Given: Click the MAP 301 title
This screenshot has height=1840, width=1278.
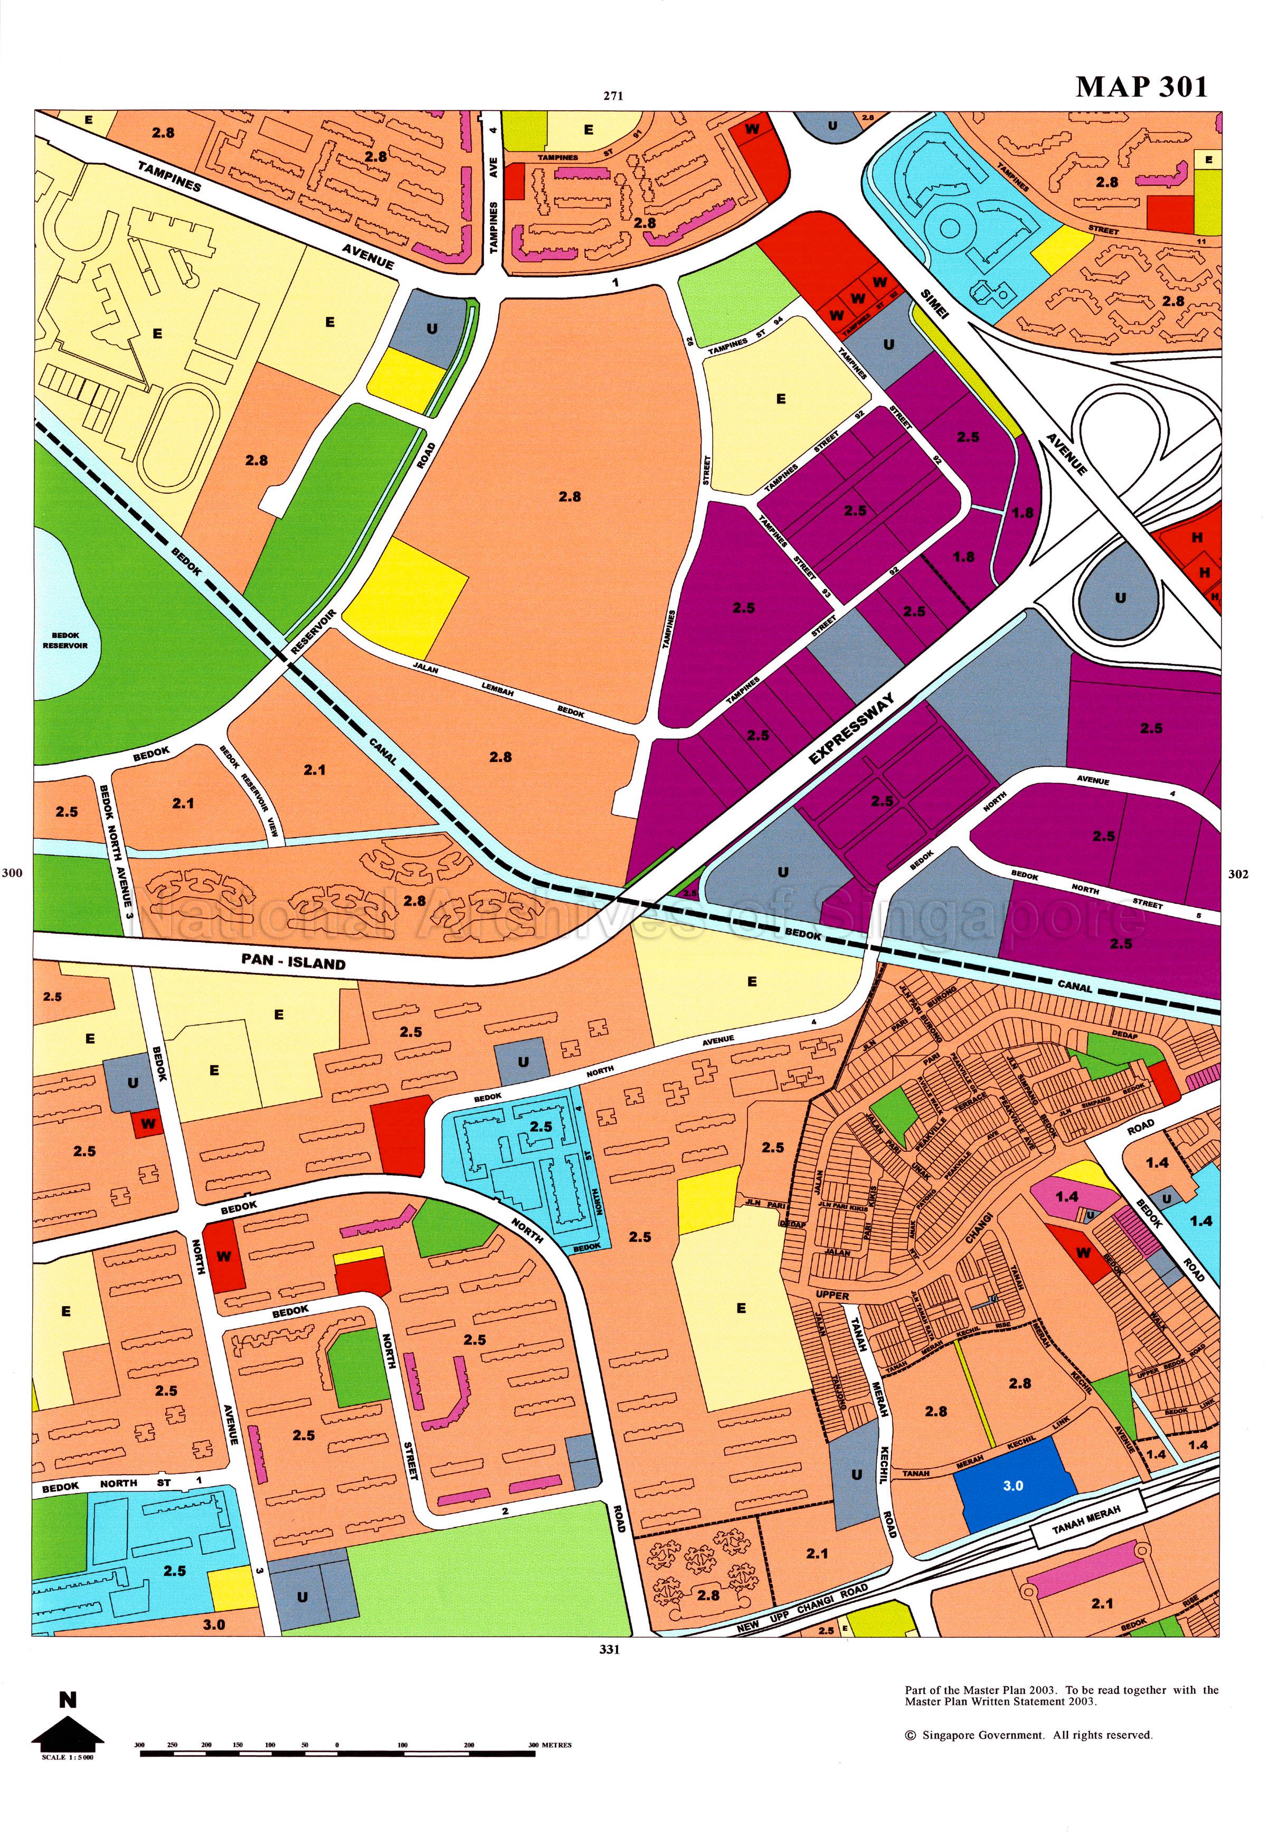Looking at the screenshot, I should click(x=1141, y=87).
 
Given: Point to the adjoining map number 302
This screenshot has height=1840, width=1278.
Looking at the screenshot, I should click(x=1238, y=874).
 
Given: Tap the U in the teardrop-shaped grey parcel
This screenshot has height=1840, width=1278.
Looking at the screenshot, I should click(x=1120, y=598).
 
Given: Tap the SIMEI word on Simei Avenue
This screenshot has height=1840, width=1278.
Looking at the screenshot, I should click(x=934, y=304).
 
